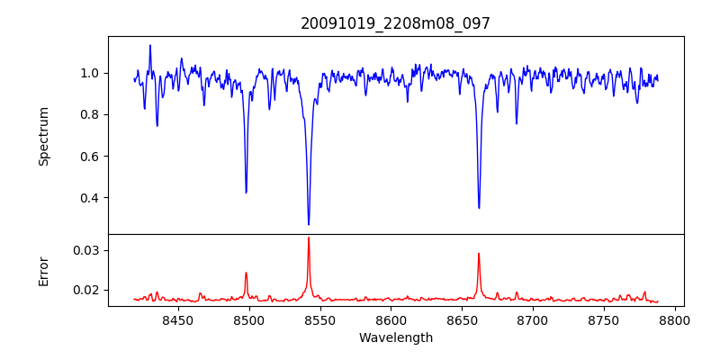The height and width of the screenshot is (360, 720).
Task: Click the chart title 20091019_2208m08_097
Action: (395, 23)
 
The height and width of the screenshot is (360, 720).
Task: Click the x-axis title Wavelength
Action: (395, 337)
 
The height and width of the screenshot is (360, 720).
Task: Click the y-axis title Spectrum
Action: (43, 136)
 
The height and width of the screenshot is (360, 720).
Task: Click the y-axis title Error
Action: (43, 271)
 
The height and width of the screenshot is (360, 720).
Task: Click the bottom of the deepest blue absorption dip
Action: (309, 224)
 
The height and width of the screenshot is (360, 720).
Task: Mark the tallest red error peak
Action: (309, 238)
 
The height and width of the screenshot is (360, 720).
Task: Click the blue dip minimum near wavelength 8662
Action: (479, 208)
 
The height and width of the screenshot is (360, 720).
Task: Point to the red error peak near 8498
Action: (246, 273)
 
